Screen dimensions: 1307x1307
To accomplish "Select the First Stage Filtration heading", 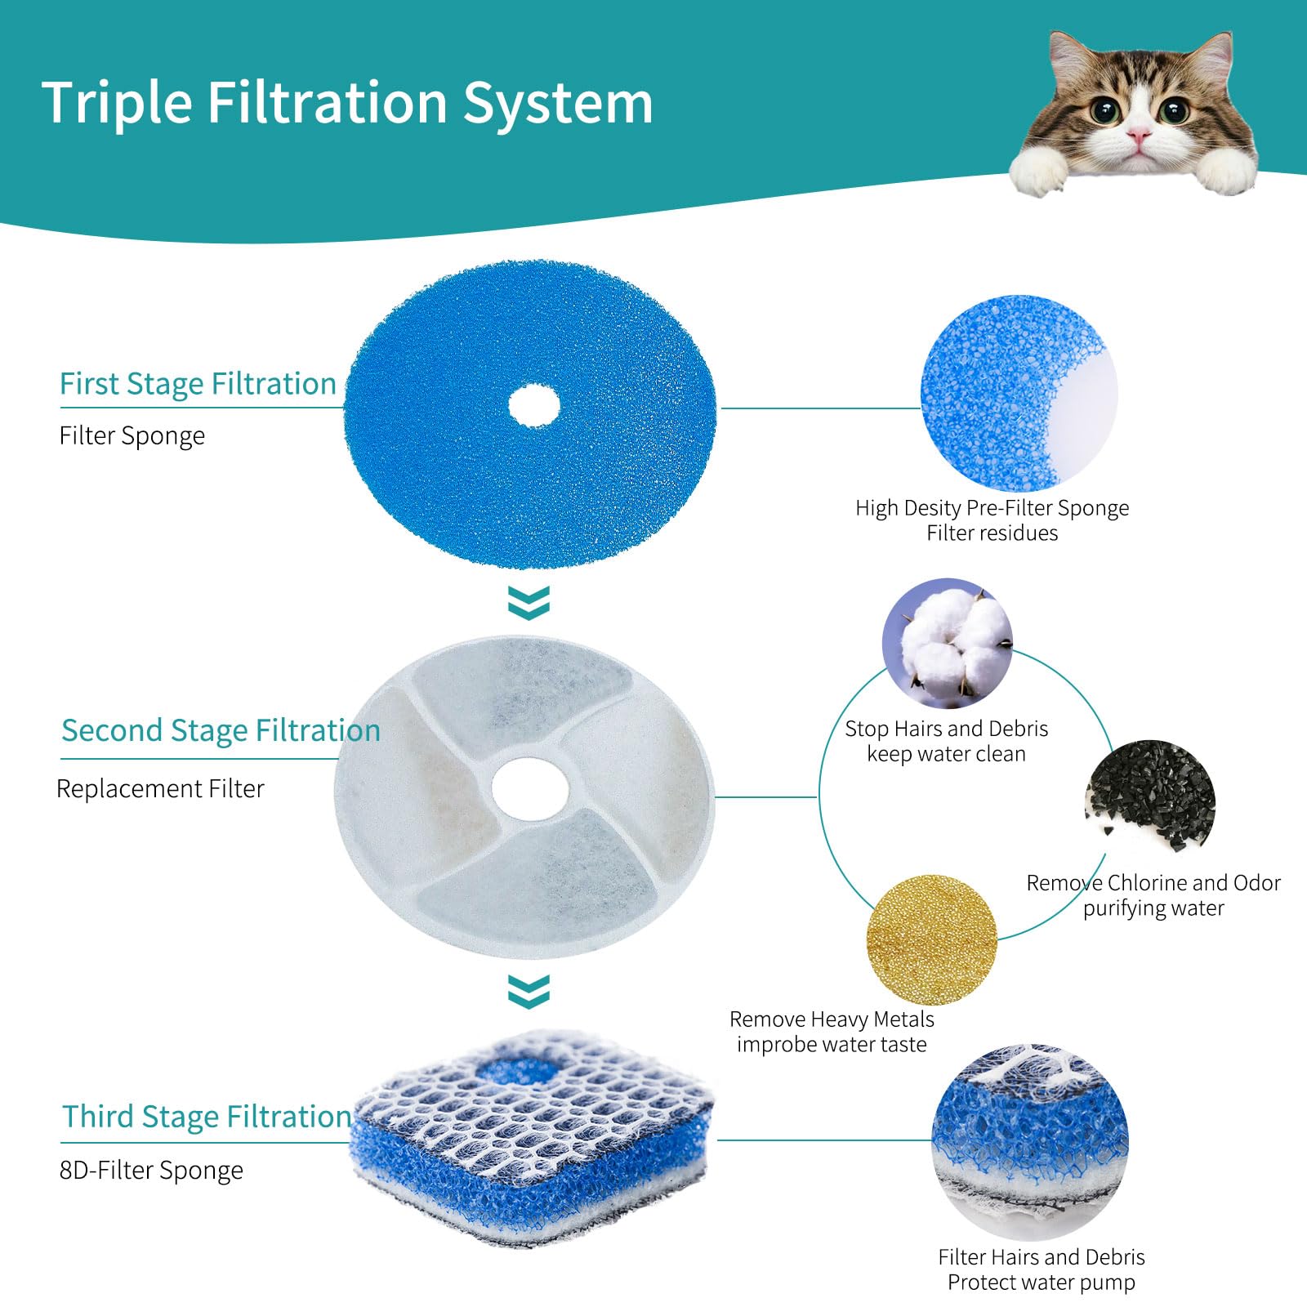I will tap(198, 384).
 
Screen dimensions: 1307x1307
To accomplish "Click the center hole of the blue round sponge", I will tap(534, 406).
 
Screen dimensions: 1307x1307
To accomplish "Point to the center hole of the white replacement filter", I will tap(529, 787).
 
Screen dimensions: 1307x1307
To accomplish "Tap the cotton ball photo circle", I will tap(948, 643).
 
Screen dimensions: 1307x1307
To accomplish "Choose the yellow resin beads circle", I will tap(931, 939).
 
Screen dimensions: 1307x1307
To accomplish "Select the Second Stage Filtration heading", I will tap(221, 730).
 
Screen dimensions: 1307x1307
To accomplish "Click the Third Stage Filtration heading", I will tap(207, 1117).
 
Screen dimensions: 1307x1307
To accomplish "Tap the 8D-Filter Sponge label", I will tap(151, 1171).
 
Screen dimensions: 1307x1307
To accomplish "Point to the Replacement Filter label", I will tap(160, 789).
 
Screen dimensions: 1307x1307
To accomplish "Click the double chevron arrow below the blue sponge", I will tap(529, 603).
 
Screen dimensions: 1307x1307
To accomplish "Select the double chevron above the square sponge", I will tap(529, 991).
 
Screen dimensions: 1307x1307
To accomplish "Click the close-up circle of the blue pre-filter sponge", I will tap(1019, 394).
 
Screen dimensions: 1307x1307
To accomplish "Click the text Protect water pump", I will tap(1041, 1282).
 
